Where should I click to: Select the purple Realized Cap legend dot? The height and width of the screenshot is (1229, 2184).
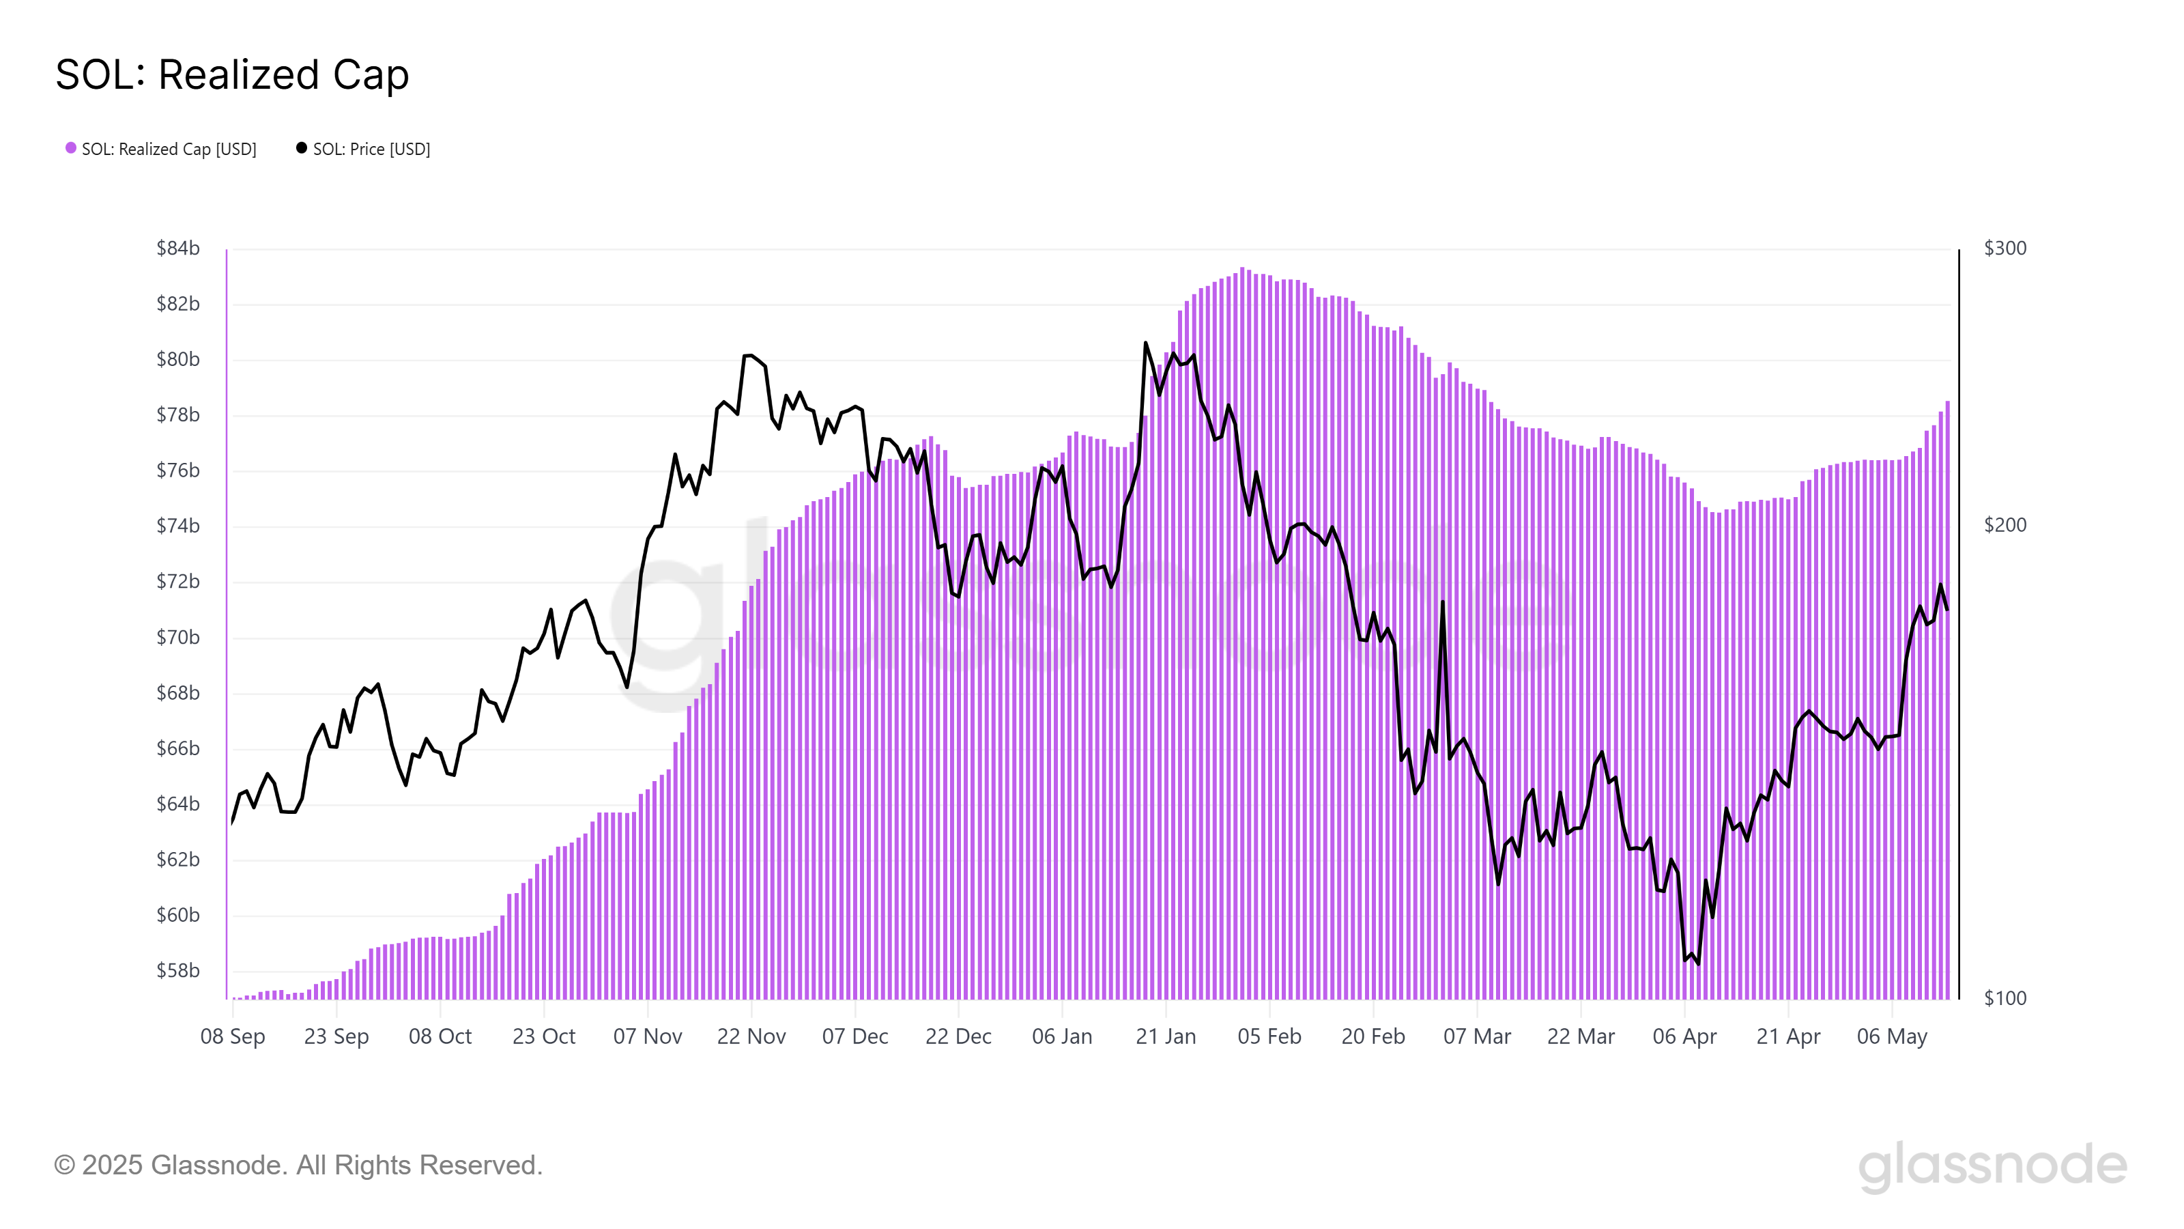coord(71,148)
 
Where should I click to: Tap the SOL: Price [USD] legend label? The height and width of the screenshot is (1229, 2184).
coord(371,150)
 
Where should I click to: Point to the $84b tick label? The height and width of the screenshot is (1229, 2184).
coord(178,249)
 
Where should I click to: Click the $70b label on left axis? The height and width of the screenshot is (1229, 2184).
coord(178,638)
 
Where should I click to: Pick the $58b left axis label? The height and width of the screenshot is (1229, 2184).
coord(178,971)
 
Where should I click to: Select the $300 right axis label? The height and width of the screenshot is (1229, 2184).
coord(2005,249)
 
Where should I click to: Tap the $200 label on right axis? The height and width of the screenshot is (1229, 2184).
coord(2005,526)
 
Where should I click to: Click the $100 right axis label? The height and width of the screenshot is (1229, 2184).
coord(2005,998)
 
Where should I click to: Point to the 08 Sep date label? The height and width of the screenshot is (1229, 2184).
coord(232,1036)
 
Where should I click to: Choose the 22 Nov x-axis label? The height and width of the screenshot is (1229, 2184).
coord(751,1036)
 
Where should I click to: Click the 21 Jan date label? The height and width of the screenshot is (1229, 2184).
coord(1166,1036)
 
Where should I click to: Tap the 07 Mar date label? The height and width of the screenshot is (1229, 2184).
coord(1477,1036)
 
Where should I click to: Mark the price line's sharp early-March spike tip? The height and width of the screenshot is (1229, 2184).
coord(1442,602)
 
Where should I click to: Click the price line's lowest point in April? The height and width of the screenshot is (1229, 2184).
coord(1698,963)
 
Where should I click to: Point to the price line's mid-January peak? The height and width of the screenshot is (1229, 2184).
coord(1145,343)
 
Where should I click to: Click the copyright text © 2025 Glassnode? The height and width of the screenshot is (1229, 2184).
coord(298,1166)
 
